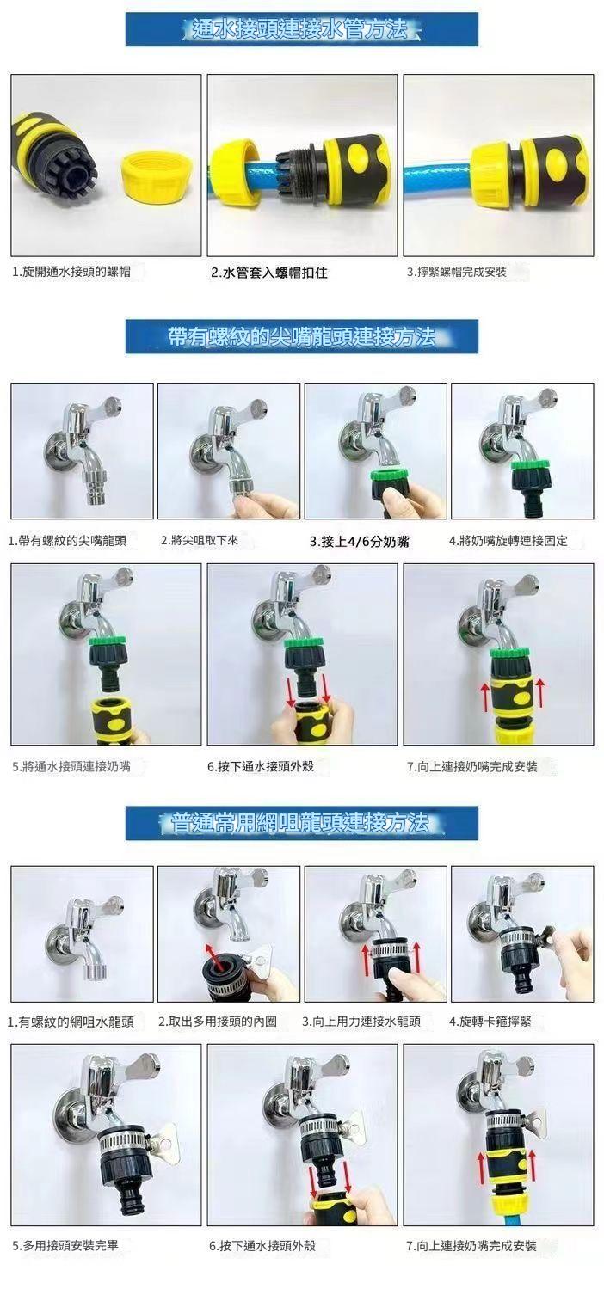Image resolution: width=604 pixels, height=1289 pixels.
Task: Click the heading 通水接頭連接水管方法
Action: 300,28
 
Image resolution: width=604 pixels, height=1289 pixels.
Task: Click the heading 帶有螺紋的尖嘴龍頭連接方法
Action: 302,336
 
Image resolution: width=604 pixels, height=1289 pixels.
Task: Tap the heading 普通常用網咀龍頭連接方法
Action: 300,822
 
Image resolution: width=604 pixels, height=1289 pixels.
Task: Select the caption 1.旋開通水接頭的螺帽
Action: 71,273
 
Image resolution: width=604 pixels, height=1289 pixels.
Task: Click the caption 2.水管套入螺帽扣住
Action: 269,273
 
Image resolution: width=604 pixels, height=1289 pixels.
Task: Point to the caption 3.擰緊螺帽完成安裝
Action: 457,273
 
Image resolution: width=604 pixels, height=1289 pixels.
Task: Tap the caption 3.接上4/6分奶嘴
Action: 360,542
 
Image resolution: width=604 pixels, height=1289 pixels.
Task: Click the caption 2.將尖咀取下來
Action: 200,540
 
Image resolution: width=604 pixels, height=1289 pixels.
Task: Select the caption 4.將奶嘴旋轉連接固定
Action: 508,541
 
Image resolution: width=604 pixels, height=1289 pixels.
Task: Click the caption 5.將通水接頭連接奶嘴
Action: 71,766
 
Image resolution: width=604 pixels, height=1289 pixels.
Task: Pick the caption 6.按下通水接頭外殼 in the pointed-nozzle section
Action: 261,766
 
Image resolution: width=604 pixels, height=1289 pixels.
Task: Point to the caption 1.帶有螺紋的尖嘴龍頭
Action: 67,541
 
